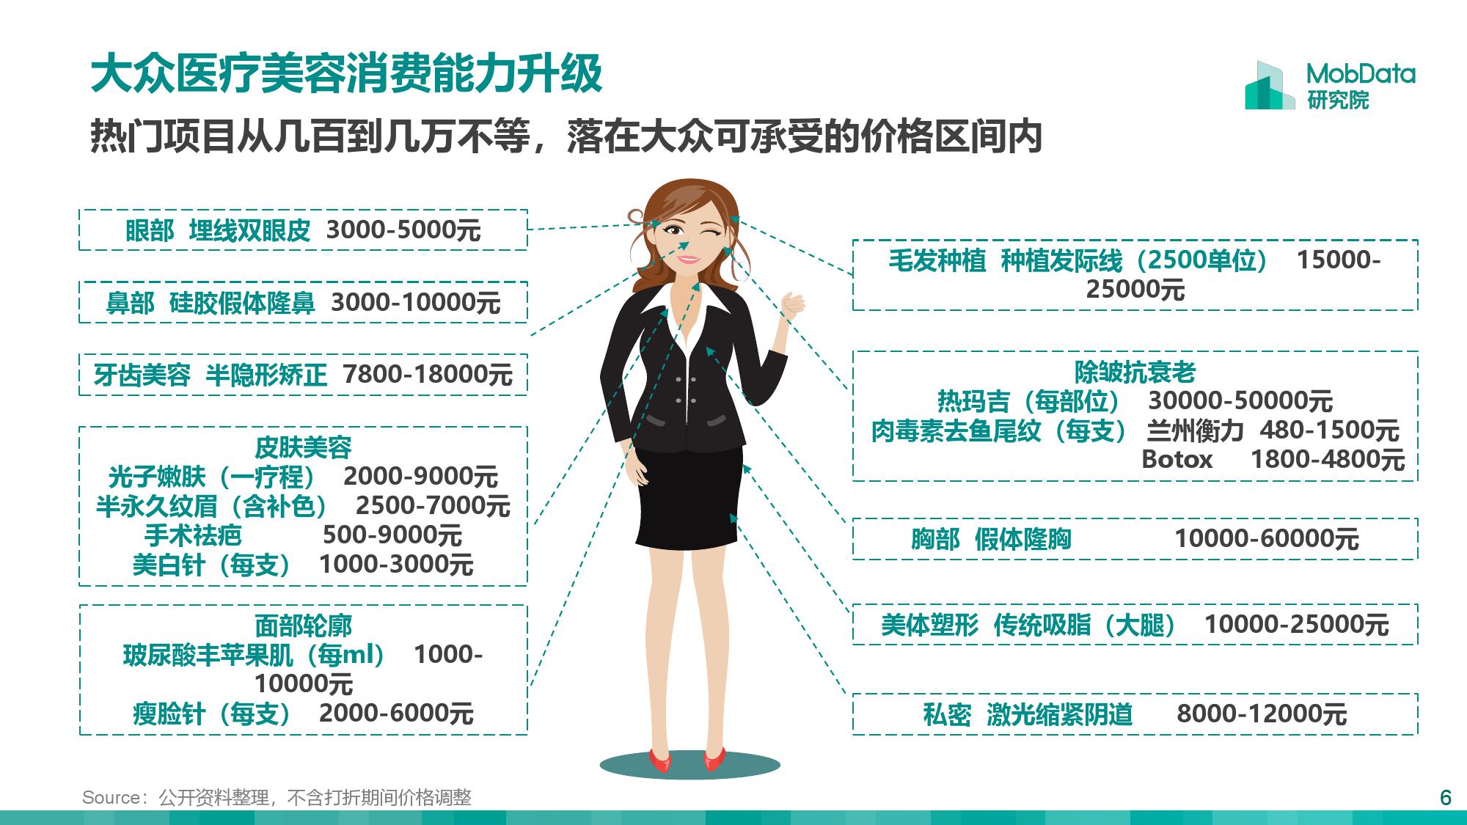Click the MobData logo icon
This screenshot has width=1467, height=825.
[1269, 86]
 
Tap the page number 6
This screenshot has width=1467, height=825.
[1445, 797]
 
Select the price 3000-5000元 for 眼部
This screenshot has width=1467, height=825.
[403, 230]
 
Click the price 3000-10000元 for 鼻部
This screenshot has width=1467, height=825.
[415, 302]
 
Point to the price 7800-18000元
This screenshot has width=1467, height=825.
[428, 375]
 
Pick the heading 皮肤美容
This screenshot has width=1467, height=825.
[303, 447]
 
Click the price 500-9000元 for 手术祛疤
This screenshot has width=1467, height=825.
[392, 535]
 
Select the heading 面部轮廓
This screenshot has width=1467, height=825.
[303, 626]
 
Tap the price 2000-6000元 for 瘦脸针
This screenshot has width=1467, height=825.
[396, 713]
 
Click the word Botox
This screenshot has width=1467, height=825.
[1177, 460]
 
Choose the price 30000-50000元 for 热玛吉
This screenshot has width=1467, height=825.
[1240, 401]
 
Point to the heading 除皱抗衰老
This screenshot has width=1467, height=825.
[1135, 372]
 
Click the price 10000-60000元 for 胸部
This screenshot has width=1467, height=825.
[1267, 539]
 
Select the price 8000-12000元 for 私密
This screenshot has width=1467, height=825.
[1262, 714]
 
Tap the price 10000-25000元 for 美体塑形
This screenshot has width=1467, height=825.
[1296, 625]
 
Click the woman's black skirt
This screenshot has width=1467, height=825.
[689, 499]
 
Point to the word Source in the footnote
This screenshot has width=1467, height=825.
[111, 797]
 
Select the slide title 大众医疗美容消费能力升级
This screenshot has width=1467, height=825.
[346, 74]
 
